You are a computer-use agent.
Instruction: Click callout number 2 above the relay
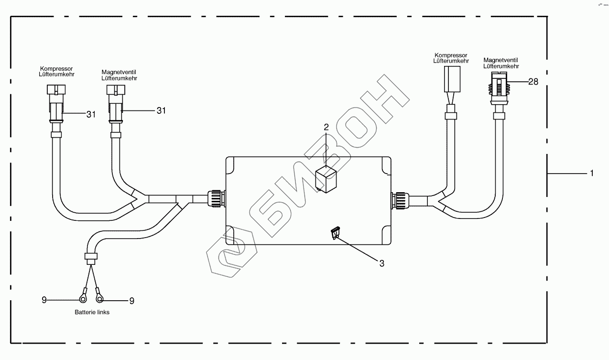326,127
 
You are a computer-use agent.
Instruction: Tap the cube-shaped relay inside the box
326,179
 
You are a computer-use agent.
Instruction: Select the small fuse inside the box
335,233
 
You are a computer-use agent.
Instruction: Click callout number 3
382,263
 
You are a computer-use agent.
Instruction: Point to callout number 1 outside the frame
592,173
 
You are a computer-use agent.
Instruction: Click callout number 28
533,82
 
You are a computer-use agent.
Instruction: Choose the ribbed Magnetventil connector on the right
499,88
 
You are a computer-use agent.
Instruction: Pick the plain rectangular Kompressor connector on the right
452,79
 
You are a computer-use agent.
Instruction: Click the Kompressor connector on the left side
56,103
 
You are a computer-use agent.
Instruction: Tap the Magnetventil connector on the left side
116,103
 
